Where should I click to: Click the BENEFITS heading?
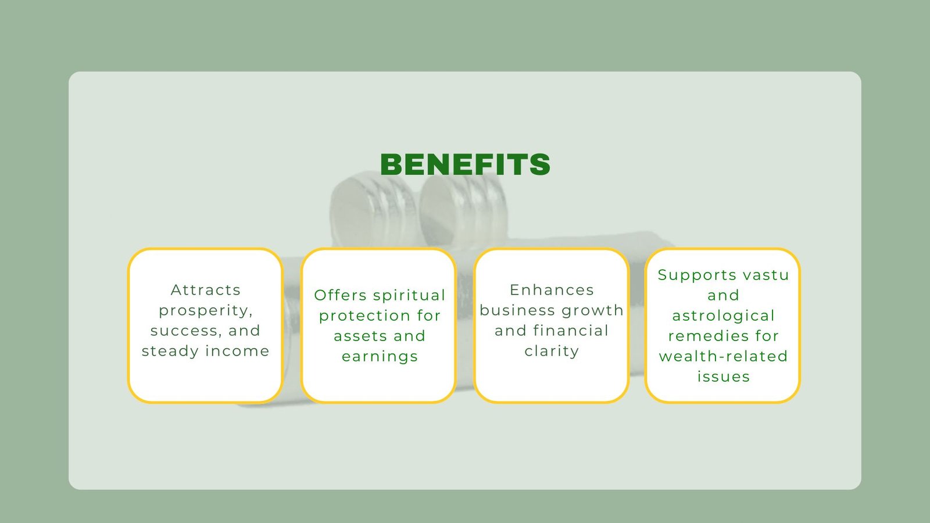click(x=465, y=164)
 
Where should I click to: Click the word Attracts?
click(x=206, y=290)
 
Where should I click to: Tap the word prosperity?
click(x=206, y=311)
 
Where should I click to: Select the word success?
click(x=185, y=331)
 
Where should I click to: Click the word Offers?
click(x=341, y=295)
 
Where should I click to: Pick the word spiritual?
click(x=409, y=296)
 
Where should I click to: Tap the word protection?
click(x=359, y=316)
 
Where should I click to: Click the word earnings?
click(x=380, y=357)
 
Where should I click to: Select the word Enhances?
click(x=552, y=290)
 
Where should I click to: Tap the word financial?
click(x=571, y=331)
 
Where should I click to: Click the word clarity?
click(x=552, y=352)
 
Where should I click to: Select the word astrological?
click(x=723, y=316)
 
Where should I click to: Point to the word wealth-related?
click(x=723, y=356)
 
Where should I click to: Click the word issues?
click(x=723, y=377)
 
